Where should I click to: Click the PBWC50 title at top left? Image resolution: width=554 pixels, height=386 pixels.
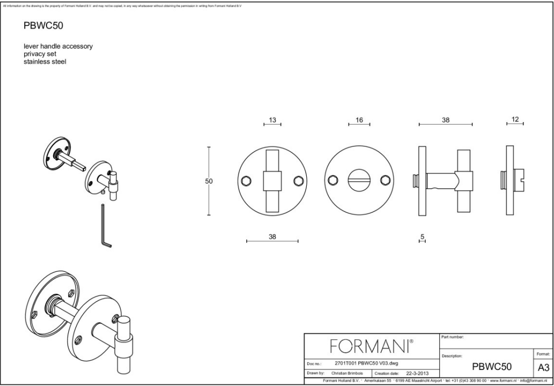click(43, 26)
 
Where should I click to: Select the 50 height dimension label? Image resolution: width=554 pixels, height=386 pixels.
click(209, 181)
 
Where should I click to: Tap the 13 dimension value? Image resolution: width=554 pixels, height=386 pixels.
click(273, 120)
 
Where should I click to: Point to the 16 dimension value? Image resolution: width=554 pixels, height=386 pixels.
click(359, 120)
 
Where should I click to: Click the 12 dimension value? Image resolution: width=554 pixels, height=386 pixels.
click(515, 120)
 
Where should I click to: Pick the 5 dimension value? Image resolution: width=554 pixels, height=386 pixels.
click(423, 236)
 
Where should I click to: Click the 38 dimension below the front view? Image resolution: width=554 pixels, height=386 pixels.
click(273, 236)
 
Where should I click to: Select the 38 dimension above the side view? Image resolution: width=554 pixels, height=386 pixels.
click(445, 120)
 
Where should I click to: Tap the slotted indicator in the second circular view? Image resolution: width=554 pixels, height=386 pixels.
click(359, 181)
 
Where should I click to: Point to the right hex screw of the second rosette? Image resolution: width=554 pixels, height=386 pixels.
click(384, 180)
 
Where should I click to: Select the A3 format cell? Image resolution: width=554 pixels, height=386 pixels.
click(543, 367)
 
